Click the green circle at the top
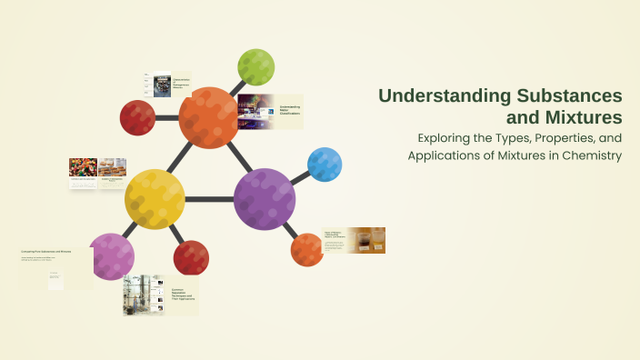[255, 67]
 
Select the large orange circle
[210, 117]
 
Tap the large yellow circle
[155, 199]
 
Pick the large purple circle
[265, 197]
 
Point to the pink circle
[112, 256]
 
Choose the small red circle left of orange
[137, 117]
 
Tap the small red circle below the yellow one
[192, 257]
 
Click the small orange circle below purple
[307, 249]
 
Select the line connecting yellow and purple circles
[209, 198]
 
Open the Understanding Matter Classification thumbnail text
[290, 109]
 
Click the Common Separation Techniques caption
[183, 296]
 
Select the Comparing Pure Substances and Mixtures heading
[45, 251]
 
